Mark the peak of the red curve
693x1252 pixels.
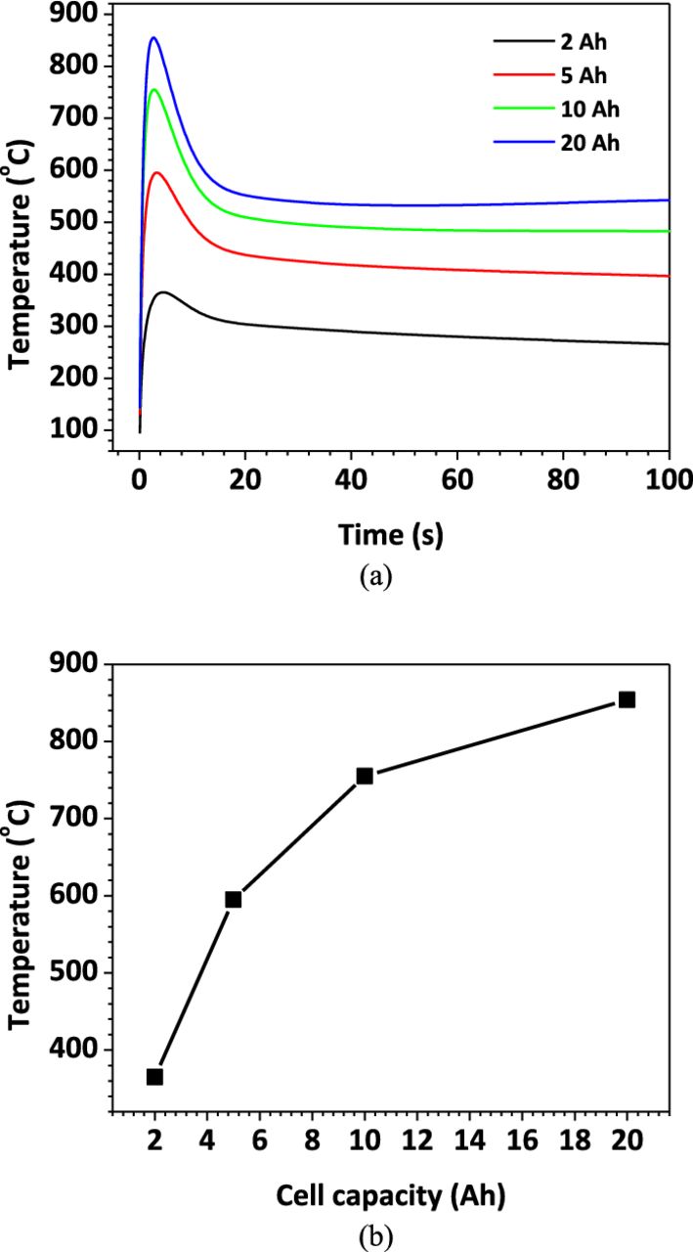pos(156,173)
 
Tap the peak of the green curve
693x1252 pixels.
pos(154,90)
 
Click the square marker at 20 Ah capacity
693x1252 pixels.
pos(627,699)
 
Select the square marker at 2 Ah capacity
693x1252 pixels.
pos(154,1077)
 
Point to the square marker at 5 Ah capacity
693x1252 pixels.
pos(234,900)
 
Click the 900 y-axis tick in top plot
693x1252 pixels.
pos(78,15)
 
